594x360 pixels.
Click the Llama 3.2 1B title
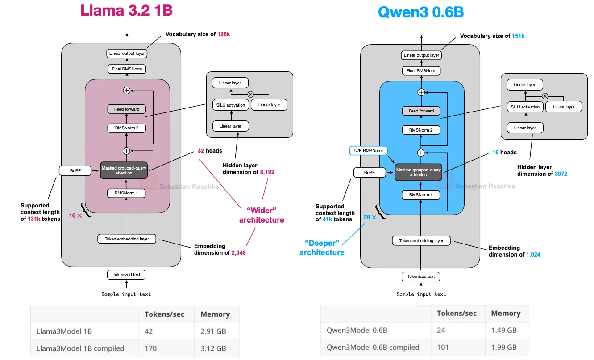[x=126, y=11]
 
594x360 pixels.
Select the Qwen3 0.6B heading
[x=420, y=12]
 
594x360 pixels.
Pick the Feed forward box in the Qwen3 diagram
[x=421, y=111]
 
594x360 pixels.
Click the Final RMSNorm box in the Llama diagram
[x=126, y=69]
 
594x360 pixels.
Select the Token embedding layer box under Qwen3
[x=421, y=241]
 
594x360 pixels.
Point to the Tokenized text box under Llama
[x=126, y=275]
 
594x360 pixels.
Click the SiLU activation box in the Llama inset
[x=230, y=105]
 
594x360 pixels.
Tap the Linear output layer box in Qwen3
[x=421, y=55]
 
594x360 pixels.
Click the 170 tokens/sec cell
[x=151, y=348]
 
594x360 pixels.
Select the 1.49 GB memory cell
[x=504, y=331]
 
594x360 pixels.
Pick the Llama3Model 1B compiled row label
[x=80, y=348]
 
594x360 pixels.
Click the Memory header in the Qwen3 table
[x=506, y=313]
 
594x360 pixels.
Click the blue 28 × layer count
[x=370, y=217]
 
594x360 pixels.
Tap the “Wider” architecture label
[x=262, y=215]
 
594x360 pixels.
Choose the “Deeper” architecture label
[x=322, y=248]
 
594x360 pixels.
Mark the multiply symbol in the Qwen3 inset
[x=545, y=96]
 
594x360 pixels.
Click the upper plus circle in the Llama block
[x=126, y=91]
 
